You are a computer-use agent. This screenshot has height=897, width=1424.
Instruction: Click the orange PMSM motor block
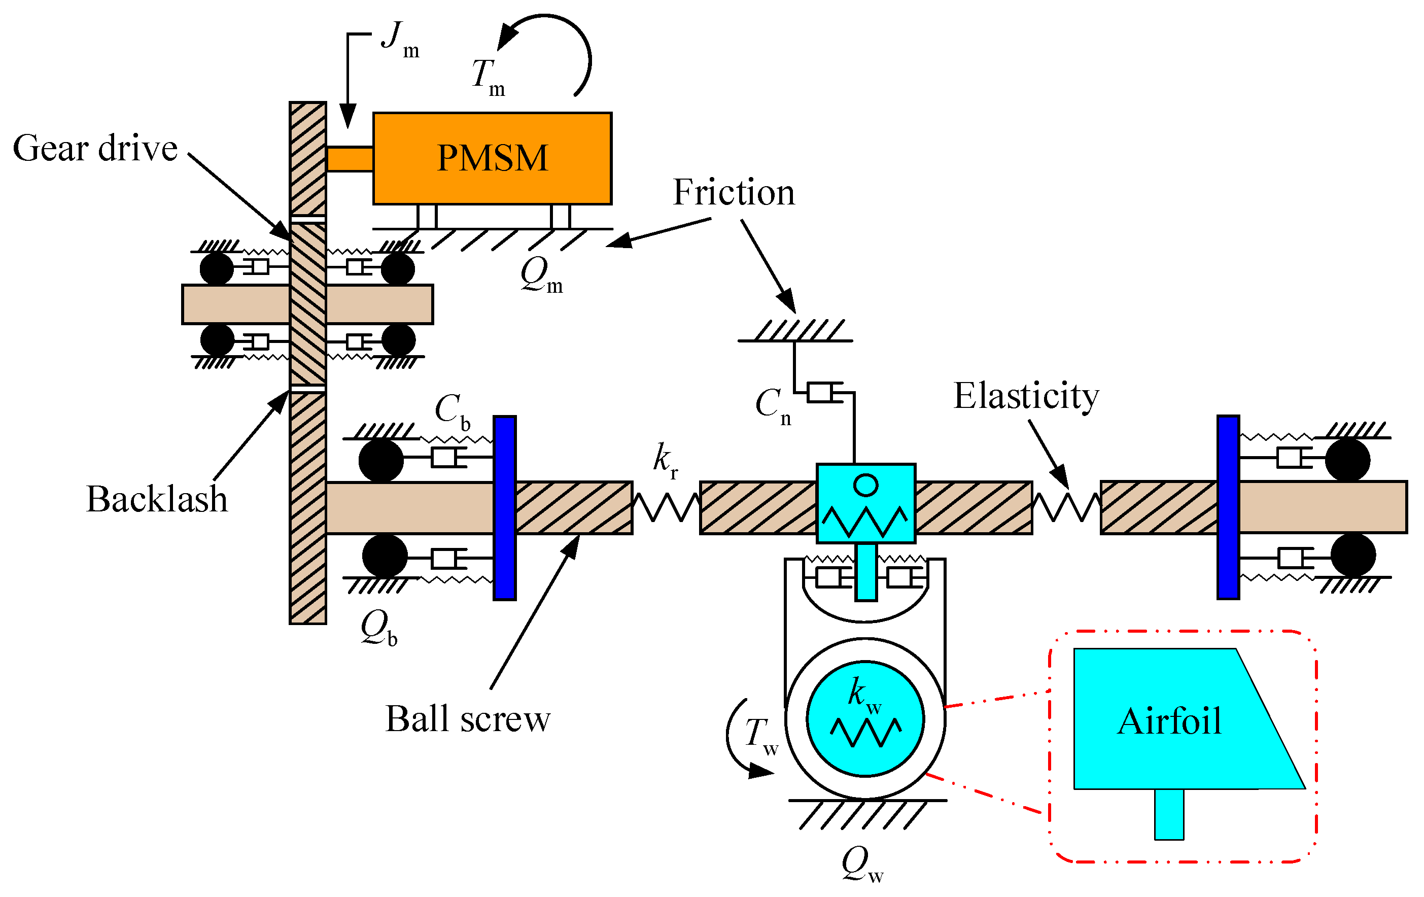(492, 158)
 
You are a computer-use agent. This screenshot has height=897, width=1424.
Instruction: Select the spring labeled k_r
(667, 507)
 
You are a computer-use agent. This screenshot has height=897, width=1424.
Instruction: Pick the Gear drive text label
(95, 148)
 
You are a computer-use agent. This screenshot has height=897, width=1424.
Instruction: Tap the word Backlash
(157, 498)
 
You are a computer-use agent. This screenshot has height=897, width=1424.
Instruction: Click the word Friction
(734, 192)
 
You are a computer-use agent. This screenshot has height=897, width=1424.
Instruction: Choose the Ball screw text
(467, 718)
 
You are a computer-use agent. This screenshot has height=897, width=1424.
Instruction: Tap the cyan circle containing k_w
(865, 718)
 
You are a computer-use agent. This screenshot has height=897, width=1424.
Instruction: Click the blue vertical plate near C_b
(504, 507)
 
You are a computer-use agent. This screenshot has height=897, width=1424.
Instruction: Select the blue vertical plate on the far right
(1228, 507)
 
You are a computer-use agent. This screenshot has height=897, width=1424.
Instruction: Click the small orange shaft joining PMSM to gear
(350, 159)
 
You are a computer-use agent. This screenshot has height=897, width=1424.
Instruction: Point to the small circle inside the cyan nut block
(866, 485)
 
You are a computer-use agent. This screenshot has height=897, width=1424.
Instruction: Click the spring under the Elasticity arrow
(1066, 507)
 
